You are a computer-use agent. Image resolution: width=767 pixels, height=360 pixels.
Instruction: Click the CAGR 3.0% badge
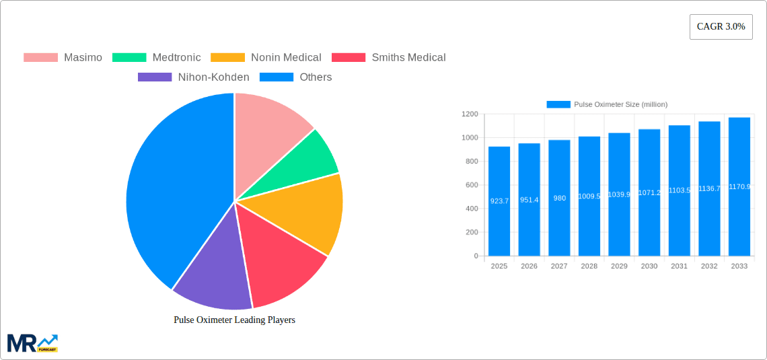tap(721, 27)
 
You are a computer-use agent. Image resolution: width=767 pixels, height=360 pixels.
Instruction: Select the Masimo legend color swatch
tap(40, 58)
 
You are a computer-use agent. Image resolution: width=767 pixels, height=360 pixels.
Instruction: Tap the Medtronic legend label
tap(176, 58)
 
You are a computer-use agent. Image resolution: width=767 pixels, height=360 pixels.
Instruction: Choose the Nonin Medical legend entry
tap(286, 58)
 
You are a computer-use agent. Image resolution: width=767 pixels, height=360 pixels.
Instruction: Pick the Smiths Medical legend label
tap(408, 58)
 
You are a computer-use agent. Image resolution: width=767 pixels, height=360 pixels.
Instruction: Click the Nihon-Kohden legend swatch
tap(155, 77)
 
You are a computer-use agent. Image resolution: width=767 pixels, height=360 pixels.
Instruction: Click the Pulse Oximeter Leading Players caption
tap(234, 320)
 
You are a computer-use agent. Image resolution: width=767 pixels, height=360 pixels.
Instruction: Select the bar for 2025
tap(499, 202)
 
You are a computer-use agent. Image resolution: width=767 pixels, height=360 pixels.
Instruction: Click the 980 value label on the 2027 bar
tap(559, 199)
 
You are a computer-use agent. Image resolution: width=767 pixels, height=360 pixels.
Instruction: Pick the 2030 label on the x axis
tap(649, 266)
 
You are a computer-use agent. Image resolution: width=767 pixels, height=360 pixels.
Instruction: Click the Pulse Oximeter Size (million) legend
tap(607, 104)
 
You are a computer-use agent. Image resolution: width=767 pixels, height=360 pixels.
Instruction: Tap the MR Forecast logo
tap(32, 343)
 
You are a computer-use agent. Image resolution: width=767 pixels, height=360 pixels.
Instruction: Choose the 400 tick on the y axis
tap(472, 209)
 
